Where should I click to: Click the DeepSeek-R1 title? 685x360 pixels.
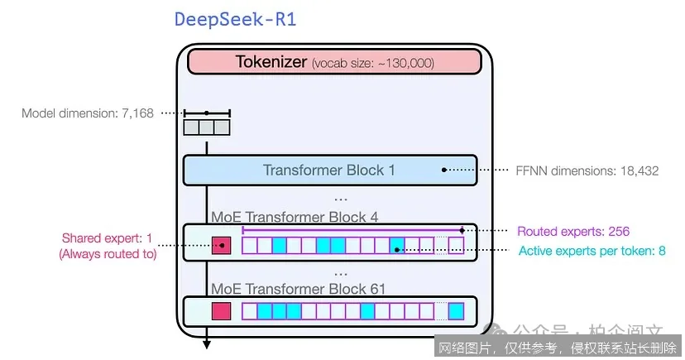click(x=235, y=20)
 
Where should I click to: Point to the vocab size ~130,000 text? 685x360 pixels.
click(x=373, y=63)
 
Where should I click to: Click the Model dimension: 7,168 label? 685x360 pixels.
click(x=88, y=113)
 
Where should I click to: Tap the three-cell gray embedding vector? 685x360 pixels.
click(x=206, y=127)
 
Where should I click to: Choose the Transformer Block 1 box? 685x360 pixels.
click(x=329, y=170)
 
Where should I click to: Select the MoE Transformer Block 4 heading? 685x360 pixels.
click(x=295, y=217)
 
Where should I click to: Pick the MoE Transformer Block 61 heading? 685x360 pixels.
click(x=298, y=289)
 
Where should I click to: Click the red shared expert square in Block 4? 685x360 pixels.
click(x=221, y=246)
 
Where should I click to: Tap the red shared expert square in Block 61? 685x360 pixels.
click(x=221, y=311)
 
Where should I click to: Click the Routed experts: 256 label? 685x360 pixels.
click(x=573, y=232)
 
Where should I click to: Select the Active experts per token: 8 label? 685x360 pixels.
click(x=592, y=251)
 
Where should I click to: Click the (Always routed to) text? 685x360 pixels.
click(x=108, y=254)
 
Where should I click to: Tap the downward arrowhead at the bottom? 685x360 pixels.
click(x=206, y=343)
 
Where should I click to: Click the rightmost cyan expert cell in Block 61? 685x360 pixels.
click(x=456, y=311)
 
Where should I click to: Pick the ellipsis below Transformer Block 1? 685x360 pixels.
click(x=341, y=199)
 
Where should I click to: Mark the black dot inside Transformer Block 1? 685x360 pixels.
click(x=444, y=170)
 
